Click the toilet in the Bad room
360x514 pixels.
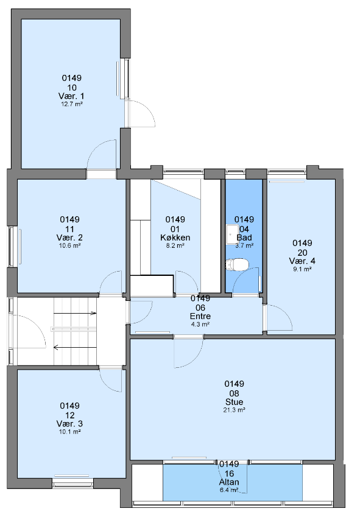(237, 264)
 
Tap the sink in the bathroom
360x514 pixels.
(233, 234)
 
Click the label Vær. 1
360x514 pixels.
(71, 96)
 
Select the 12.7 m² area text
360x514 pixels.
(71, 104)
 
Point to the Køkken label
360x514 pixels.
(175, 238)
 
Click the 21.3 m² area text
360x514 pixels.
(234, 410)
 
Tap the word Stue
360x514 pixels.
(234, 402)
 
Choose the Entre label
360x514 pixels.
(200, 316)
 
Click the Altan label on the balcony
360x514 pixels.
(229, 482)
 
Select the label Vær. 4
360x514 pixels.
(302, 261)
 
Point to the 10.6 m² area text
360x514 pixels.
(70, 245)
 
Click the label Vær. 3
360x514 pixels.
(69, 424)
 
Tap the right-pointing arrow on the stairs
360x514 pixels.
(75, 314)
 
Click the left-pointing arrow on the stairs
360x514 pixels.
(75, 347)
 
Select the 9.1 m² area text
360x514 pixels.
(302, 269)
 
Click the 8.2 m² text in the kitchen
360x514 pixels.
(175, 245)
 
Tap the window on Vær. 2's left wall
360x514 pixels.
(12, 246)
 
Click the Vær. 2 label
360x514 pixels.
(69, 238)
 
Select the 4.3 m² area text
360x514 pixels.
(200, 324)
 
